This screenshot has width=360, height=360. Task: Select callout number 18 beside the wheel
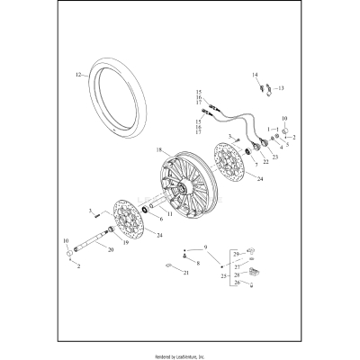click(159, 149)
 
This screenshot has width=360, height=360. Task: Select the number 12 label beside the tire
click(79, 73)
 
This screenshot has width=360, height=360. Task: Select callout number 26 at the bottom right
click(238, 283)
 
